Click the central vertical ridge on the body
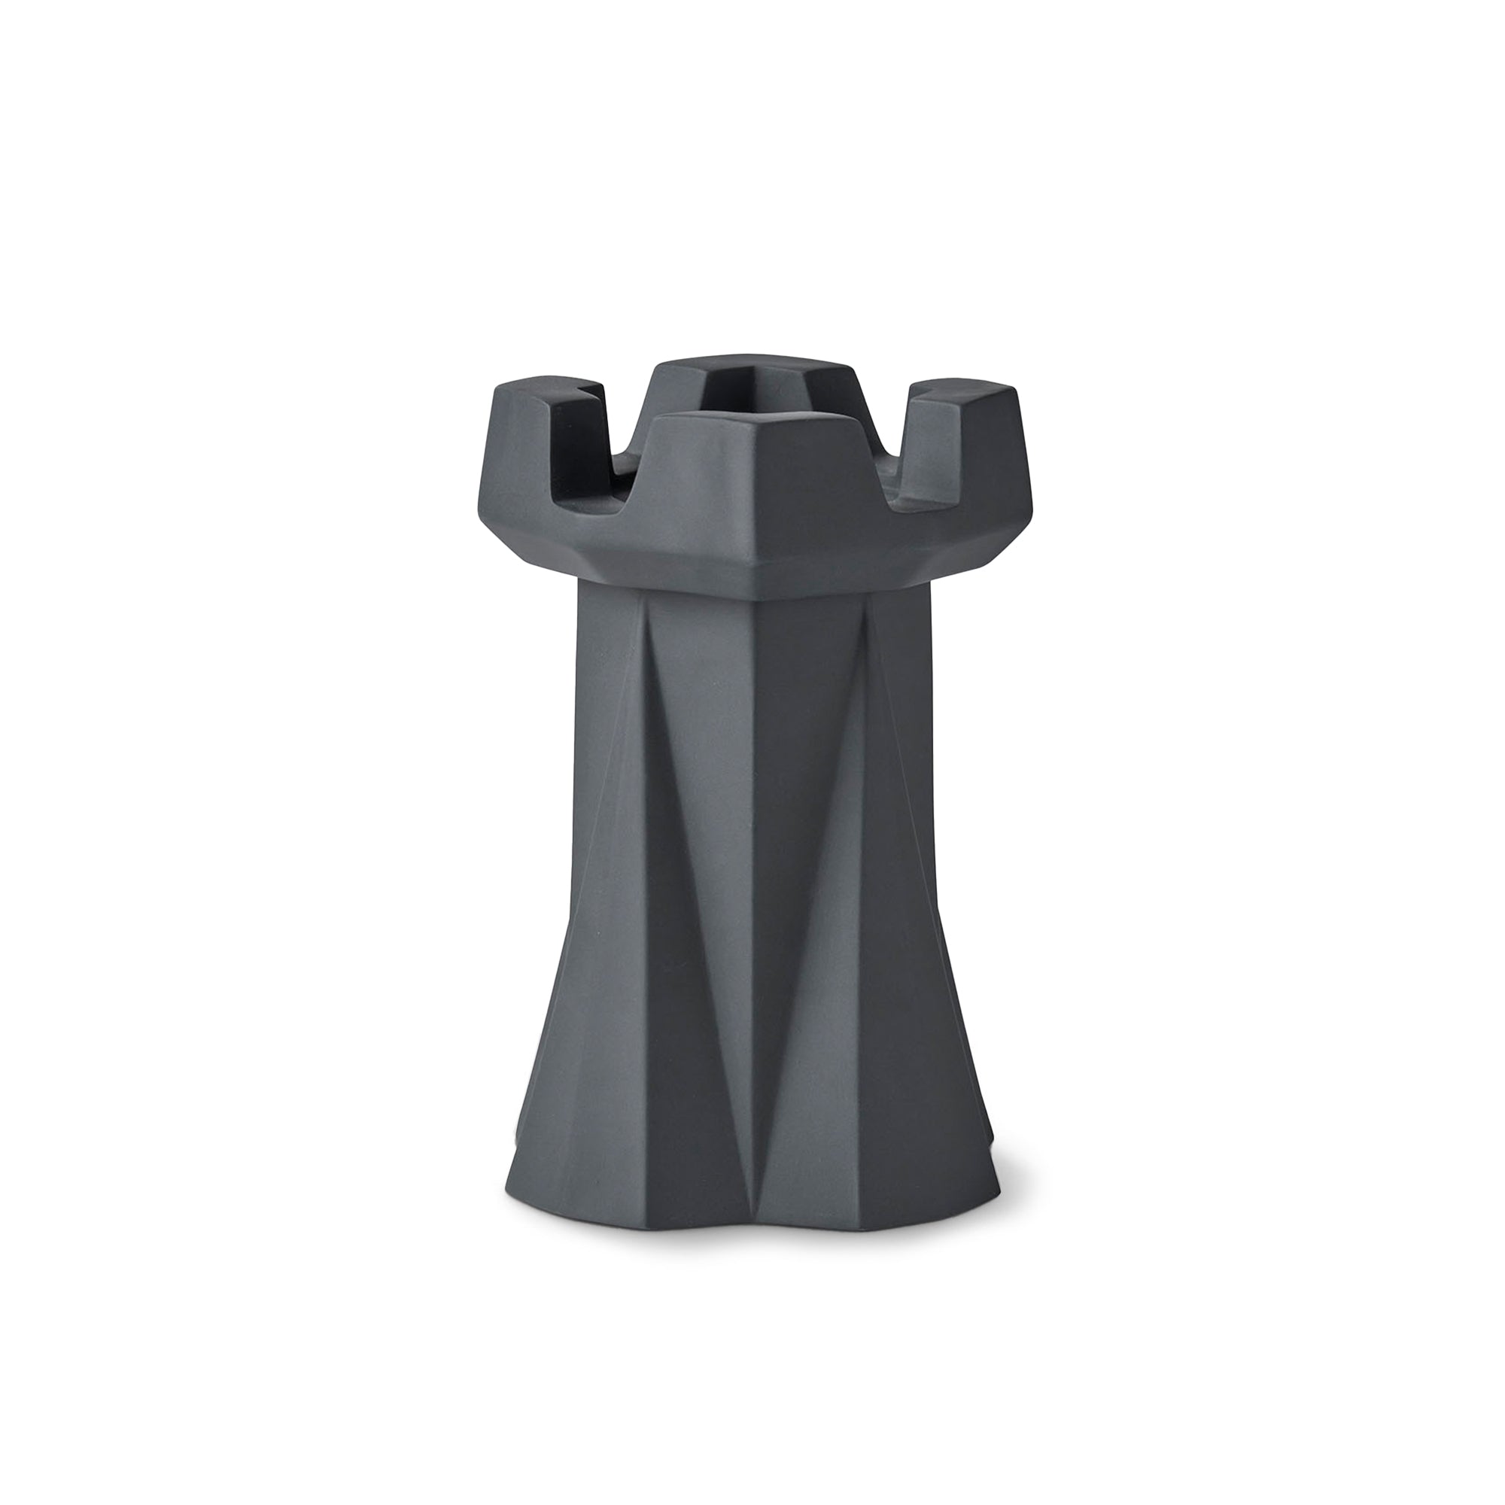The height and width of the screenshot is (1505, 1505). coord(754,857)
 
